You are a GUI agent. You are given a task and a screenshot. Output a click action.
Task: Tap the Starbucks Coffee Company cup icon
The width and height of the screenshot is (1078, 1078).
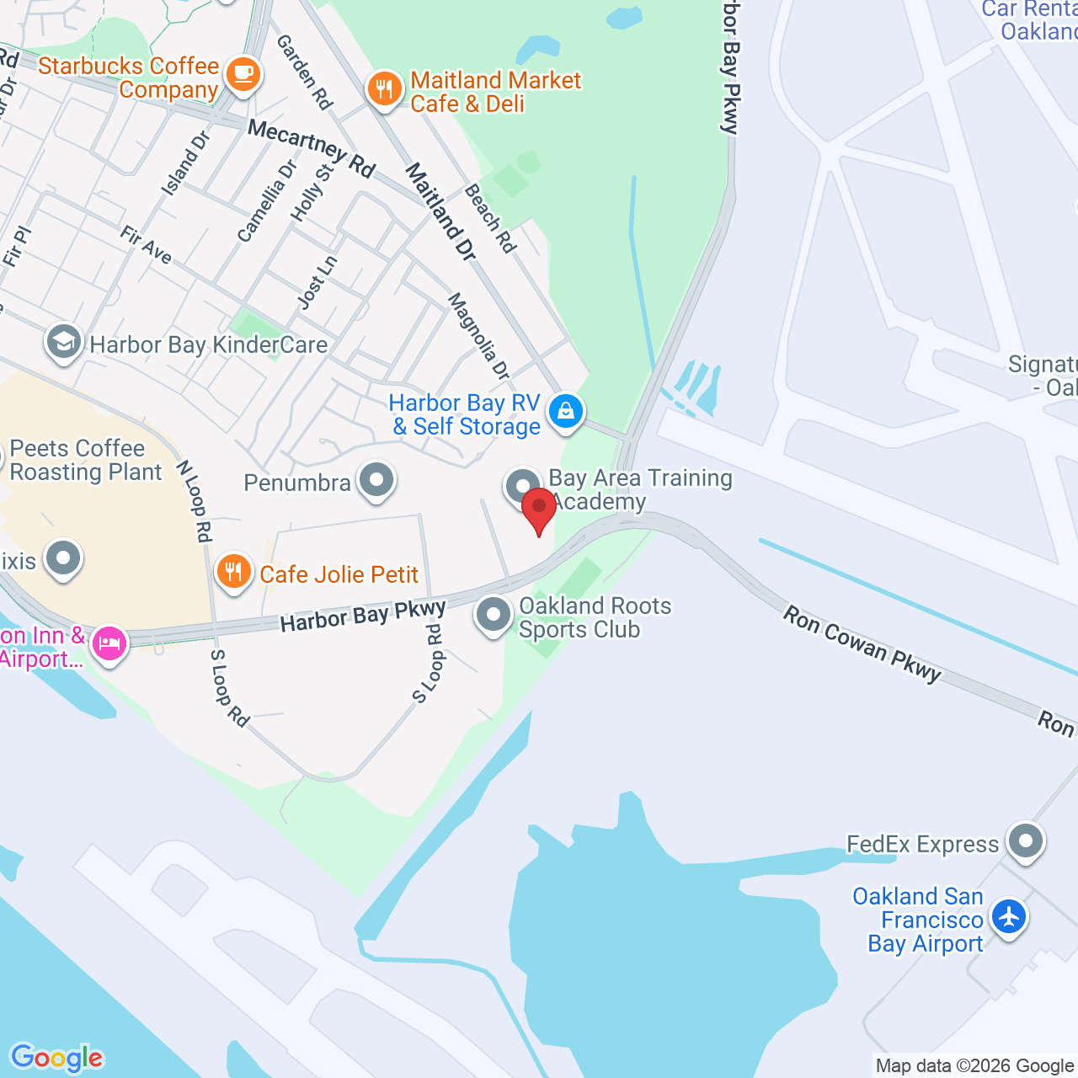[x=243, y=74]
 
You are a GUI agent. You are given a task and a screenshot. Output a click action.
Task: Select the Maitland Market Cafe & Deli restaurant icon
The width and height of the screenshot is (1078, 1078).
[x=385, y=88]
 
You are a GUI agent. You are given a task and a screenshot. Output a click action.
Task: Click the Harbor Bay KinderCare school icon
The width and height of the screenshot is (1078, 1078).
[x=63, y=342]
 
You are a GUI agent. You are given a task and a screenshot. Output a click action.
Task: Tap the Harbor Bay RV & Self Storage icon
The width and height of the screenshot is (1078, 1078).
[x=566, y=412]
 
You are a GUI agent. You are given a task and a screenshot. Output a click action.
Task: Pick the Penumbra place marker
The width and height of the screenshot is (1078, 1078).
[x=376, y=480]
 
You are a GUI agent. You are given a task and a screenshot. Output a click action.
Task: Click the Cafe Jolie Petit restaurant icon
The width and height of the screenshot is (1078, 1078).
[x=233, y=572]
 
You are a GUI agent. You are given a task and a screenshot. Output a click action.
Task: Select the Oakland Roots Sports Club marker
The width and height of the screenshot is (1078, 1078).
[x=494, y=615]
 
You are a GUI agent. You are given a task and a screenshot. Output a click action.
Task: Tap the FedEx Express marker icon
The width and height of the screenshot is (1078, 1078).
[x=1026, y=841]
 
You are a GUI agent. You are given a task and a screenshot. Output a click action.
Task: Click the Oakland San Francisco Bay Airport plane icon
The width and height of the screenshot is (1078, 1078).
[x=1008, y=916]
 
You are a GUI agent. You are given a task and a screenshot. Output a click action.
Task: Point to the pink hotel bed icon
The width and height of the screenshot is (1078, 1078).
[x=109, y=643]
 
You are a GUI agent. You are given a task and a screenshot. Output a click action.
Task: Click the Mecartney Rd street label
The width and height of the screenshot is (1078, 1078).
[x=312, y=148]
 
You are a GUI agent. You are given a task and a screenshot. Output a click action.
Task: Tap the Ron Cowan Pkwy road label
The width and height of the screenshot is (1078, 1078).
[x=862, y=643]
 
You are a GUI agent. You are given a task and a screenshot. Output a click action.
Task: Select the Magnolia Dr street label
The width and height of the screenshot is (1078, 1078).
[x=478, y=335]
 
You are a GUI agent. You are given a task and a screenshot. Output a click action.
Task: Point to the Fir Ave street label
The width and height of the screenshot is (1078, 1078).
[x=147, y=245]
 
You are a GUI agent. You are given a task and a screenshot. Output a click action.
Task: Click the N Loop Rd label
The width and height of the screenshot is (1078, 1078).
[x=194, y=500]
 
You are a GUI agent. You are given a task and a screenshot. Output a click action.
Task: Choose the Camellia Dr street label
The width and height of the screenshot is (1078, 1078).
[x=267, y=201]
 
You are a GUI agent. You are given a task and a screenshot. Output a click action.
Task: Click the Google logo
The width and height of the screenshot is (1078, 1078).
[x=56, y=1057]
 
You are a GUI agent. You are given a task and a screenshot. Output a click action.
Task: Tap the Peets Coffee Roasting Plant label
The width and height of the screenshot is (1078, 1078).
[x=86, y=460]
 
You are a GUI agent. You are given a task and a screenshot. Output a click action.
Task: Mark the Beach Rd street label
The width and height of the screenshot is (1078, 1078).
[x=490, y=218]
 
